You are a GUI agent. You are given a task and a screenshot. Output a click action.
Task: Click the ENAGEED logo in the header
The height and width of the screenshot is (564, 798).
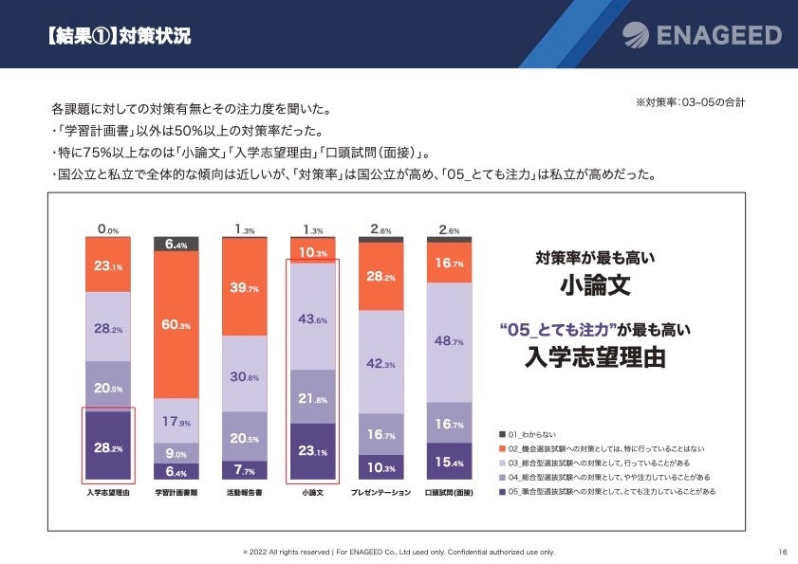pyautogui.click(x=702, y=35)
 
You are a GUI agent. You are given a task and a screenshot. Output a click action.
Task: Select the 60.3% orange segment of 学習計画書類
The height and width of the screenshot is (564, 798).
pyautogui.click(x=176, y=324)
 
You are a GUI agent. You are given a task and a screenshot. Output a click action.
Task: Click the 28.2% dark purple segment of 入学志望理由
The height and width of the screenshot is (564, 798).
pyautogui.click(x=108, y=446)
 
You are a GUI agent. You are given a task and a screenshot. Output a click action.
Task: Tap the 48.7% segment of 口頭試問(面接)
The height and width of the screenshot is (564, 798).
pyautogui.click(x=450, y=340)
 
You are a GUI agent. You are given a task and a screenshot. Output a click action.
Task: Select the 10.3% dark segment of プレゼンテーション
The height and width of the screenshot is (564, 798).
pyautogui.click(x=381, y=467)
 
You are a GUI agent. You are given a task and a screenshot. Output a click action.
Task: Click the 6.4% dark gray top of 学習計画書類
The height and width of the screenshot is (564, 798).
pyautogui.click(x=176, y=244)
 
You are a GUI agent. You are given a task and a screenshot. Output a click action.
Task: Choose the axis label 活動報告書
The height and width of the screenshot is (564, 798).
pyautogui.click(x=245, y=493)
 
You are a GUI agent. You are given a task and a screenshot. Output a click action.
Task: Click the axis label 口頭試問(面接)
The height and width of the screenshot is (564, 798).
pyautogui.click(x=450, y=493)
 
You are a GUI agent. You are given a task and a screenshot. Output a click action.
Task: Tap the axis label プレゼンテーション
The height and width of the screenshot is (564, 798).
pyautogui.click(x=381, y=493)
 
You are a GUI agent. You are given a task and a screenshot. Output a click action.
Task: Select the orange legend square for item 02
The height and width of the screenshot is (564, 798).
pyautogui.click(x=502, y=447)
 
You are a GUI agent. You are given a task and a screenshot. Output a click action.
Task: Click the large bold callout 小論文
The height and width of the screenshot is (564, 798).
pyautogui.click(x=595, y=285)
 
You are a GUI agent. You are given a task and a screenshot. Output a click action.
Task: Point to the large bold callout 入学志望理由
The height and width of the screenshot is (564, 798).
pyautogui.click(x=595, y=357)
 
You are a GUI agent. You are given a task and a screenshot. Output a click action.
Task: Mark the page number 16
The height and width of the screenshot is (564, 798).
pyautogui.click(x=783, y=552)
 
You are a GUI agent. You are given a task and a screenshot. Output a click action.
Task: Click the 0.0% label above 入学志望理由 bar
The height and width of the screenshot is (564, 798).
pyautogui.click(x=108, y=229)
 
